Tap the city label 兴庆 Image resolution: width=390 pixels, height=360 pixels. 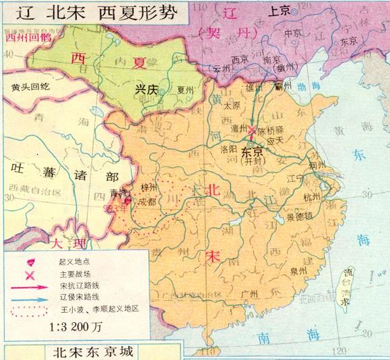[x=146, y=90]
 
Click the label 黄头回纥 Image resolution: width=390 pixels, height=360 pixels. [x=30, y=87]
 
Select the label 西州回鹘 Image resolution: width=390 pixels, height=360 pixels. [x=23, y=38]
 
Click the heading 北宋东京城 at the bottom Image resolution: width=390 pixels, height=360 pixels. [x=92, y=351]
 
